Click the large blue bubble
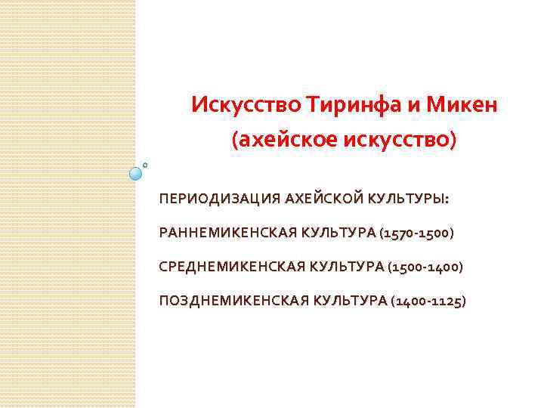click(137, 173)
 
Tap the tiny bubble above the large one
click(145, 163)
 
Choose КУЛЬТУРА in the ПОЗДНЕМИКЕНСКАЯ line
click(351, 301)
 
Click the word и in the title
click(413, 104)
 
